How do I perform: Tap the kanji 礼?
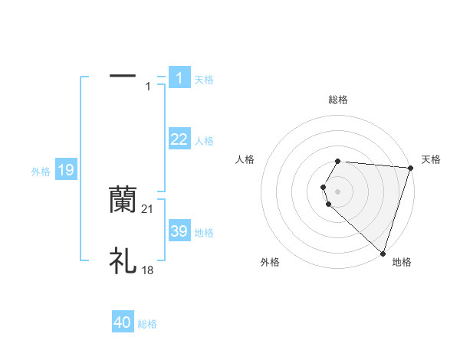click(123, 261)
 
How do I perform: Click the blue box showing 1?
click(179, 77)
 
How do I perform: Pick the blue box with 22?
click(179, 139)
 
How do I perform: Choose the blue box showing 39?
click(179, 231)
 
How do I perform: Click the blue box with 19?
click(66, 170)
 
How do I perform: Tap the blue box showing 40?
click(123, 322)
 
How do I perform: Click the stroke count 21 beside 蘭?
click(148, 208)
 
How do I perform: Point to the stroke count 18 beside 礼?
click(148, 270)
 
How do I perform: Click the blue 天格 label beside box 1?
click(204, 79)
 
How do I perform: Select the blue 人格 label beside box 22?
click(204, 141)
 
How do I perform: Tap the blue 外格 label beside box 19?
click(41, 172)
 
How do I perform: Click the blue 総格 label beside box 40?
click(147, 324)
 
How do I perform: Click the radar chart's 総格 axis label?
click(338, 100)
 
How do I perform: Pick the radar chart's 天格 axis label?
click(431, 159)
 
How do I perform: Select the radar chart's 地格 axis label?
click(402, 262)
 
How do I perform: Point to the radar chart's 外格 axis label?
click(270, 262)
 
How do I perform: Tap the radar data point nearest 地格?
click(383, 253)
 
